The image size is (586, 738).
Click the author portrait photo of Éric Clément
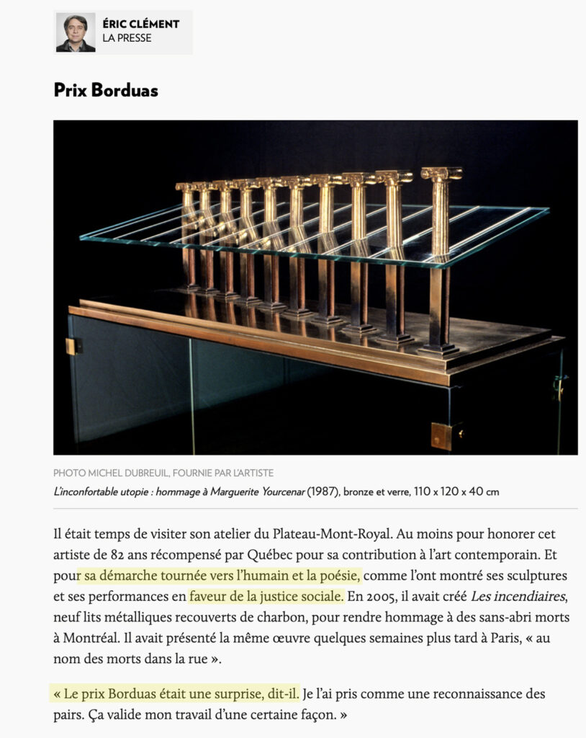[76, 33]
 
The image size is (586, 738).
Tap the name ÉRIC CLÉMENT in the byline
[140, 24]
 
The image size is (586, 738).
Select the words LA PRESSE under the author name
[127, 38]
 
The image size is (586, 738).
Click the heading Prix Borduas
[106, 91]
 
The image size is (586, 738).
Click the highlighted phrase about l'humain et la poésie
[220, 576]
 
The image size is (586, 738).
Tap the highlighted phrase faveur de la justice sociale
[266, 596]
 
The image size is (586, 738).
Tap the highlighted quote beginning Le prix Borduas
[176, 694]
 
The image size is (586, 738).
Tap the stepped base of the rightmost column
[439, 350]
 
